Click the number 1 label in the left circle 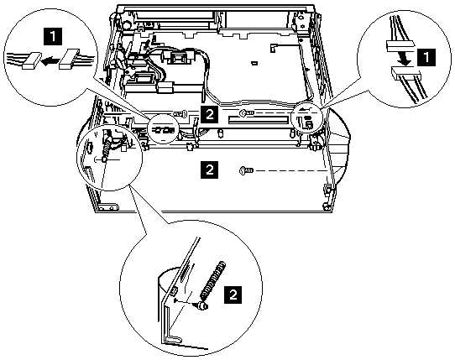[53, 36]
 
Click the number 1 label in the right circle [426, 57]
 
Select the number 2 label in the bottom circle [233, 295]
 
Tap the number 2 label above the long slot [209, 114]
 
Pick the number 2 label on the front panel [209, 170]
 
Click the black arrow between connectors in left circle [49, 61]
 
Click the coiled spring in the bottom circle [212, 280]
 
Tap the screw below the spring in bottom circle [202, 305]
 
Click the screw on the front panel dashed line [246, 170]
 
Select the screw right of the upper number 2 [246, 113]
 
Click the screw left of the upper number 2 [180, 114]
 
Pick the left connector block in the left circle [32, 60]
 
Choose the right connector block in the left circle [69, 59]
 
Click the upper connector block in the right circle [399, 46]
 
